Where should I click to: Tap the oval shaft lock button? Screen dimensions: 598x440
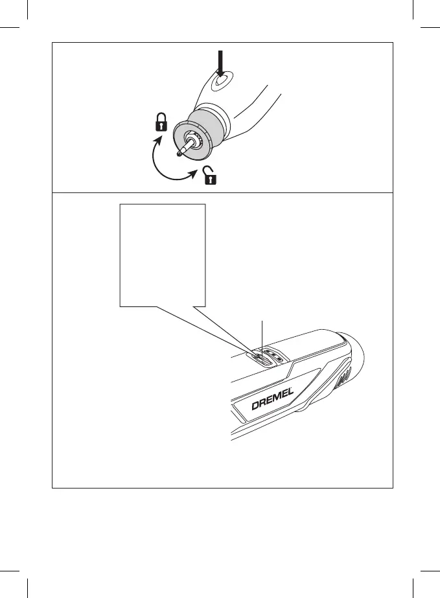coord(222,82)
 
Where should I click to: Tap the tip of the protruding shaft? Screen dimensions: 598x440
coord(178,154)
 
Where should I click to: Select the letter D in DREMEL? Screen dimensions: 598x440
coord(255,408)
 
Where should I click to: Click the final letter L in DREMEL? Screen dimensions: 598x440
coord(292,393)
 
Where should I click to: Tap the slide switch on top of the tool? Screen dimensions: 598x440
coord(260,357)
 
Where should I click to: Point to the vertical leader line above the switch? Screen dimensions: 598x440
coord(262,334)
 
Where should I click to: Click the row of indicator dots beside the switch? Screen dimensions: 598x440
coord(275,356)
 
